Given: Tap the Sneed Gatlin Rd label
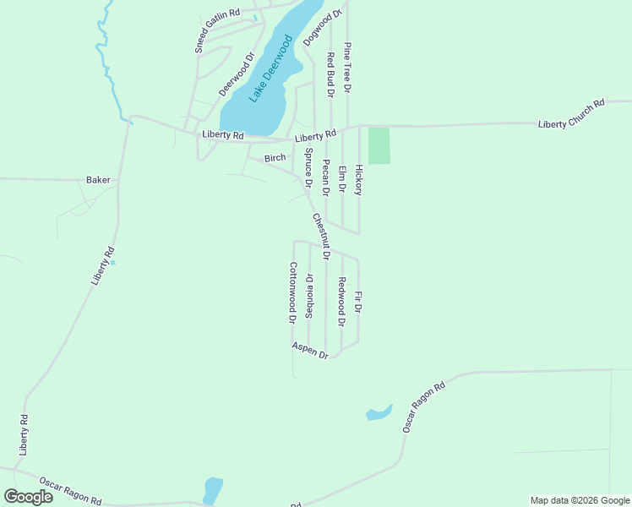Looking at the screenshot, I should pyautogui.click(x=217, y=31).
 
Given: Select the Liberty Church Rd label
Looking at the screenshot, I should pyautogui.click(x=572, y=114).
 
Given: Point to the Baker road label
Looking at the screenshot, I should pyautogui.click(x=98, y=180).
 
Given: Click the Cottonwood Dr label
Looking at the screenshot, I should pyautogui.click(x=292, y=293).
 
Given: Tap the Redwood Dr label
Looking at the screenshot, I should pyautogui.click(x=341, y=302).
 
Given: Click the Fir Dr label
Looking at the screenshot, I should pyautogui.click(x=358, y=303).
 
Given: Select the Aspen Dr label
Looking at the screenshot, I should pyautogui.click(x=310, y=351).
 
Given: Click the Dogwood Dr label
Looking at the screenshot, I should pyautogui.click(x=322, y=27).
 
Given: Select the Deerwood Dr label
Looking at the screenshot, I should pyautogui.click(x=237, y=75).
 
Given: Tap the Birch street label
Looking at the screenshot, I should pyautogui.click(x=275, y=158).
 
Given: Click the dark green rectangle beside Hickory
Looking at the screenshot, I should pyautogui.click(x=379, y=145).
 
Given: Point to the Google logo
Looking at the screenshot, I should pyautogui.click(x=29, y=496).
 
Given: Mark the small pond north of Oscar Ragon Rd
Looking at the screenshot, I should pyautogui.click(x=378, y=413).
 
